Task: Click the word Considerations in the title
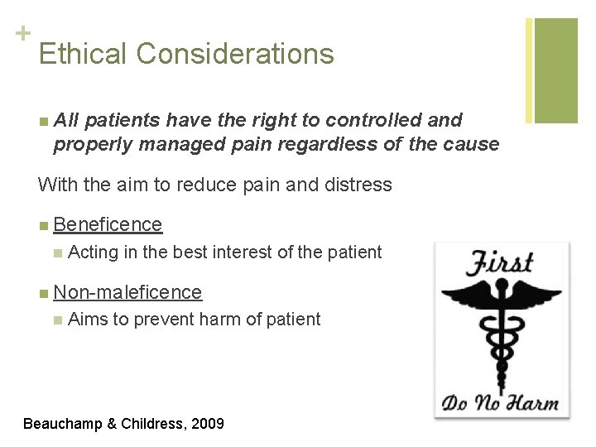click(236, 54)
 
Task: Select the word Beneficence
click(108, 224)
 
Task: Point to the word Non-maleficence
click(127, 291)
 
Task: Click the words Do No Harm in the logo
click(499, 404)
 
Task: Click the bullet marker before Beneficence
click(42, 225)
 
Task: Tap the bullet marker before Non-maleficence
click(42, 292)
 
